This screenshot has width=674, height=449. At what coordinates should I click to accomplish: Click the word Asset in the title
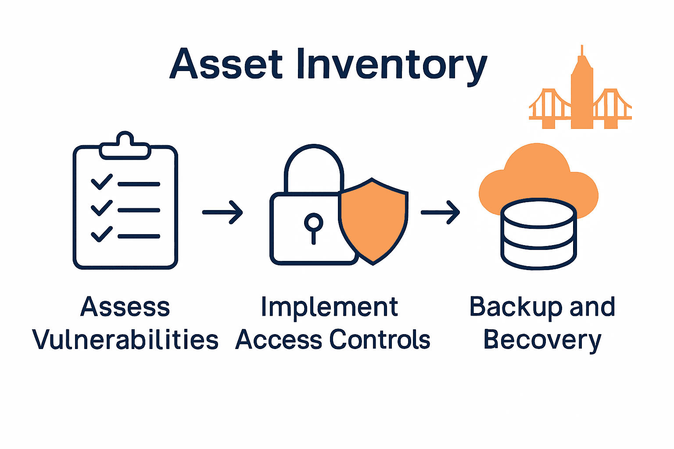tap(226, 64)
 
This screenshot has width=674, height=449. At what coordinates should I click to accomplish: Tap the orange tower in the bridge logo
tap(582, 94)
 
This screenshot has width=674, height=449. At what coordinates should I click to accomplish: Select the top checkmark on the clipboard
tap(101, 182)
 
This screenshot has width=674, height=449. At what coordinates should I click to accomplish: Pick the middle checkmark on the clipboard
tap(101, 208)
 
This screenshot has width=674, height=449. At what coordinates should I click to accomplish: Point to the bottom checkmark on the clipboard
tap(101, 234)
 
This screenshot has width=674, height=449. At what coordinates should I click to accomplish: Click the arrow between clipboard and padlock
tap(222, 212)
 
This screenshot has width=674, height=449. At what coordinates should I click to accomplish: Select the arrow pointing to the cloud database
tap(440, 212)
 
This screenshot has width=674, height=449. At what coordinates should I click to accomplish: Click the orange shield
tap(373, 219)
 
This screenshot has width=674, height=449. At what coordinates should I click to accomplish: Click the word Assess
tap(125, 307)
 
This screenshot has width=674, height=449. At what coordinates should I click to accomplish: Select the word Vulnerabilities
tap(125, 340)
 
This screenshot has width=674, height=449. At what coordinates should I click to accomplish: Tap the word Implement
tap(329, 307)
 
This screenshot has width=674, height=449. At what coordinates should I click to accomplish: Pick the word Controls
tap(380, 340)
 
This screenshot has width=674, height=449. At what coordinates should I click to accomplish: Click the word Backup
tap(516, 307)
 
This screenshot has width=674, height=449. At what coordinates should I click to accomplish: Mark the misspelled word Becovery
tap(542, 340)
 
